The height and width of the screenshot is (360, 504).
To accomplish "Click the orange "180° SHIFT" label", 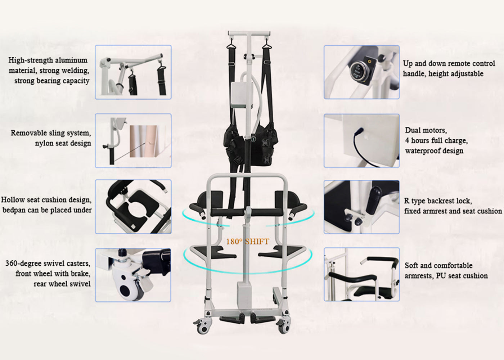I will click(x=247, y=242).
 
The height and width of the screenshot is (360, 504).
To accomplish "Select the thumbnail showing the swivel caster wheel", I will click(x=133, y=275).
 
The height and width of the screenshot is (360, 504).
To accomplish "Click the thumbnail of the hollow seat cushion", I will click(x=133, y=207).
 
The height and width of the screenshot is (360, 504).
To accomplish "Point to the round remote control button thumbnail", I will click(x=361, y=72).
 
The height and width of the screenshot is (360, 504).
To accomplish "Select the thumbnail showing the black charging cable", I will click(x=361, y=141).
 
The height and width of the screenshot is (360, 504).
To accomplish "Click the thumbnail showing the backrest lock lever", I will click(x=361, y=207).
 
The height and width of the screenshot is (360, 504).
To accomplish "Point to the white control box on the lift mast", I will click(x=241, y=95).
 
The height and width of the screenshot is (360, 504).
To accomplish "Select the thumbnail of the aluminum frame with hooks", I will click(x=133, y=72).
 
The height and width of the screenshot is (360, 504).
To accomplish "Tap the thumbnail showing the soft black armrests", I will click(x=361, y=274).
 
